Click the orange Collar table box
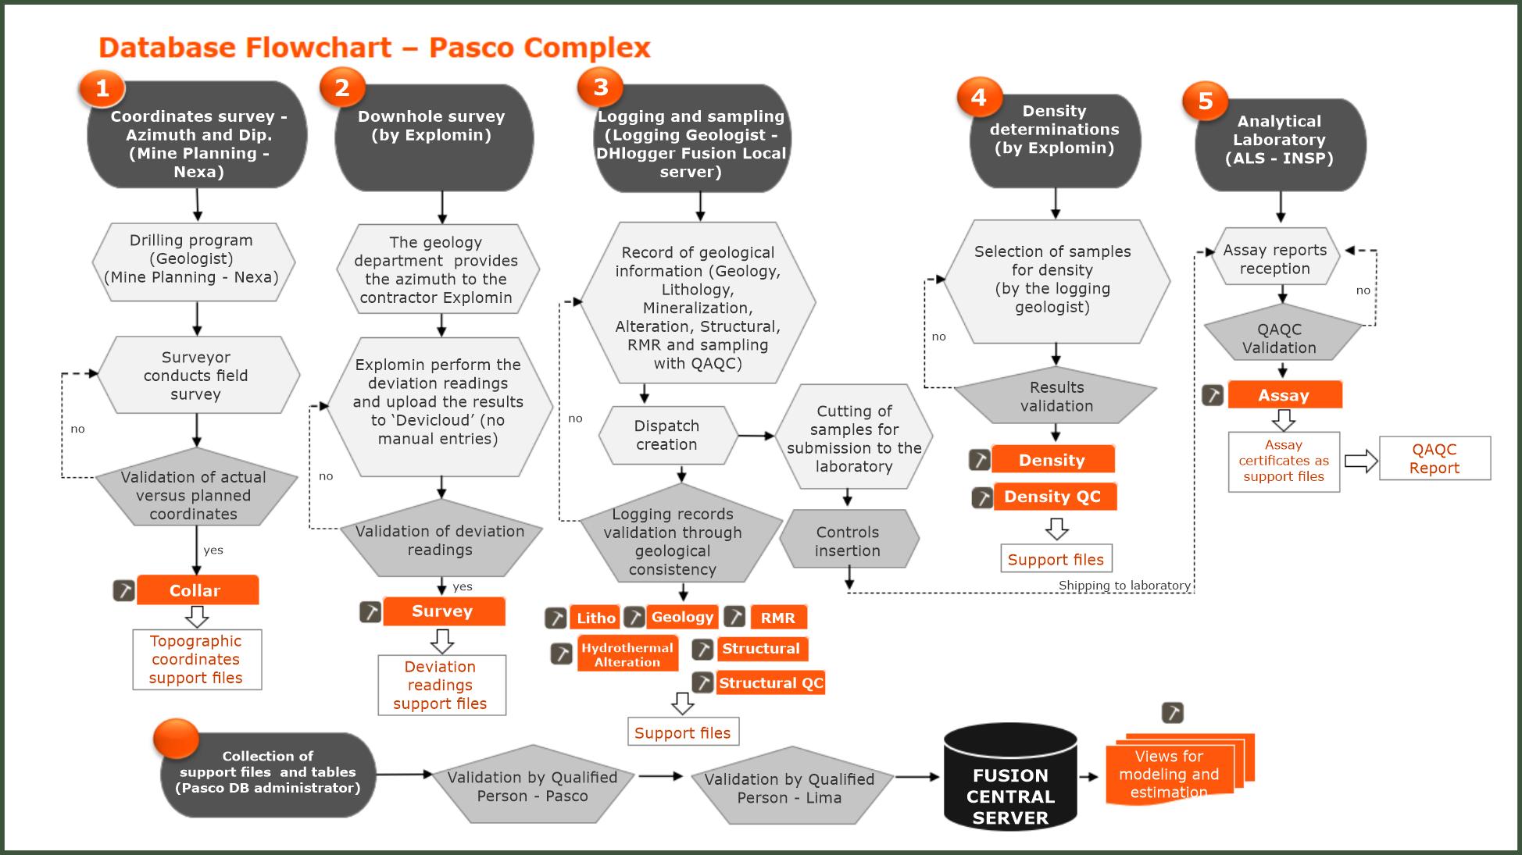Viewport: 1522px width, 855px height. (x=197, y=590)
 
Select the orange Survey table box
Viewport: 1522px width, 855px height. (x=443, y=611)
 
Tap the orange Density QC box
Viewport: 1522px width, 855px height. (x=1054, y=497)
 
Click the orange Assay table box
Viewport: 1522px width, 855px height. (x=1284, y=395)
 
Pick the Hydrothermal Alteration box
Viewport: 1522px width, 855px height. (x=627, y=654)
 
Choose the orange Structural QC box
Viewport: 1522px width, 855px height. (x=770, y=682)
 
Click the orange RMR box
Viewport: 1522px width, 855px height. (x=778, y=618)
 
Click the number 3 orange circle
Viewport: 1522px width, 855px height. (x=600, y=87)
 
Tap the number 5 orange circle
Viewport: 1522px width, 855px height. (x=1205, y=101)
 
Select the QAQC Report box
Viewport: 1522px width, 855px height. (x=1434, y=458)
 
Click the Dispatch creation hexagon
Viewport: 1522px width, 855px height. (x=667, y=435)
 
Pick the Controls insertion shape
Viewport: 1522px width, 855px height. (x=849, y=540)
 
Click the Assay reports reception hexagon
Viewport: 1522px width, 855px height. (x=1275, y=258)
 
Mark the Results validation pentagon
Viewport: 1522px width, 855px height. (x=1056, y=397)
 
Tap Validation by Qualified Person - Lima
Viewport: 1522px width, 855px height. (x=790, y=788)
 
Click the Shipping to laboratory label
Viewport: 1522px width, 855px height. (x=1124, y=586)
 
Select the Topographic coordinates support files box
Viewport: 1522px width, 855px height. (x=196, y=660)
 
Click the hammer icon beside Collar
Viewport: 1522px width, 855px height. (x=124, y=590)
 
